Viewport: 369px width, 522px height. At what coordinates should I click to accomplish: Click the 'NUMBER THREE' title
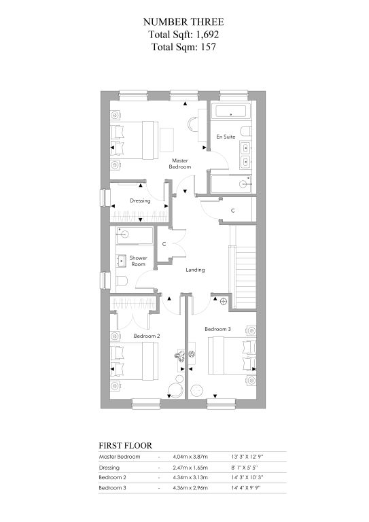[183, 22]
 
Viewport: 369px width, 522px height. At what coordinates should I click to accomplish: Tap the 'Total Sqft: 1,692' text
[183, 34]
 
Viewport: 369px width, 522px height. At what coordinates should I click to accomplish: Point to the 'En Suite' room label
[226, 137]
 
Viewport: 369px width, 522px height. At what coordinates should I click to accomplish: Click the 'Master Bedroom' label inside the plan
[179, 163]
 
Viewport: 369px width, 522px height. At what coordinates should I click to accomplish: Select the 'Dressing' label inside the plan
[140, 201]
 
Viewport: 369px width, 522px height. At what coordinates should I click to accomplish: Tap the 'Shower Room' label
[138, 261]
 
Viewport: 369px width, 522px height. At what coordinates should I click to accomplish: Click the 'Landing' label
[195, 270]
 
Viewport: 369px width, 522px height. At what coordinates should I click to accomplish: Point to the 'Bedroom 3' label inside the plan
[217, 329]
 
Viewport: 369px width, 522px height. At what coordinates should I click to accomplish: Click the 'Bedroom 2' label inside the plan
[146, 336]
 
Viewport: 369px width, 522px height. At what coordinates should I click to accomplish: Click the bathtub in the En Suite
[230, 111]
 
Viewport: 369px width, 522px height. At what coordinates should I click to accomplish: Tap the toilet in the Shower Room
[122, 281]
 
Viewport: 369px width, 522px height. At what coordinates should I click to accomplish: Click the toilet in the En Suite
[247, 131]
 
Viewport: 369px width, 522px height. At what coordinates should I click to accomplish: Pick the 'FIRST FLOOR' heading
[126, 445]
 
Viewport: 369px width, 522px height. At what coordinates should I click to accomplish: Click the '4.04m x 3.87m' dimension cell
[190, 457]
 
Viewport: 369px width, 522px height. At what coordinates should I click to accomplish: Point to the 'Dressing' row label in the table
[109, 468]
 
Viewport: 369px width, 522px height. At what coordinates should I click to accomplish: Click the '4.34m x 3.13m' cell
[190, 477]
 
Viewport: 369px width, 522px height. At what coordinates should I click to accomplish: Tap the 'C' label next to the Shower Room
[164, 244]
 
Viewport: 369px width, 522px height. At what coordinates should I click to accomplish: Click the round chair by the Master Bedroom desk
[192, 124]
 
